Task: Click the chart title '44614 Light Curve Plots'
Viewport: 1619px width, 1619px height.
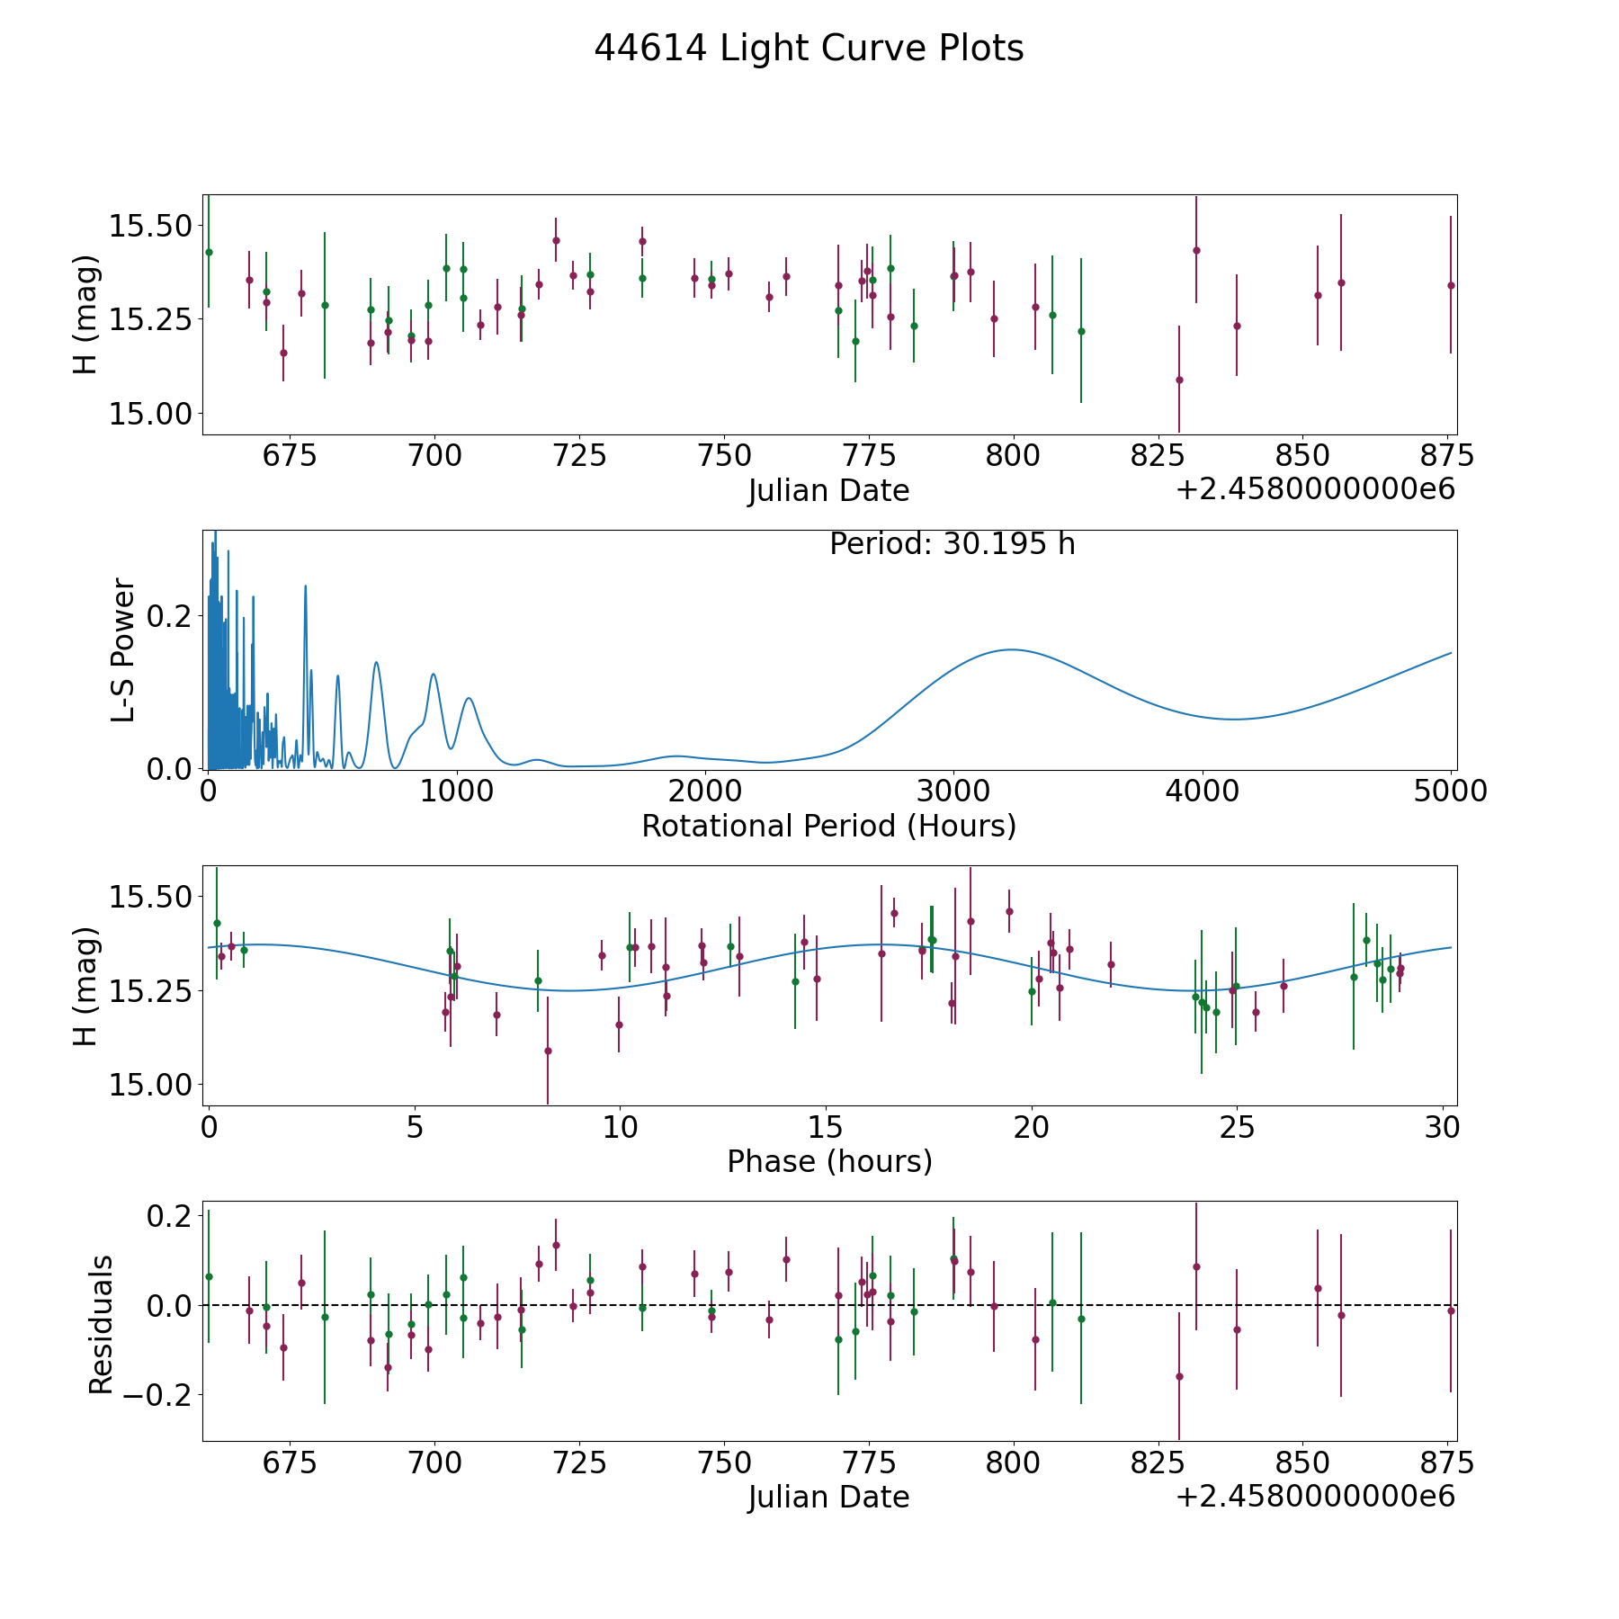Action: [x=809, y=49]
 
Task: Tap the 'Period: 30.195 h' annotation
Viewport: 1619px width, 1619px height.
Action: [x=953, y=544]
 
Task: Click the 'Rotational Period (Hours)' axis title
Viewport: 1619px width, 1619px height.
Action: [x=829, y=826]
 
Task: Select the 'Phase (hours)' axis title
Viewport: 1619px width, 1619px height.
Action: [x=829, y=1161]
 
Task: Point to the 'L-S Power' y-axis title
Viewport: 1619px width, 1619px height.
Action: [x=123, y=649]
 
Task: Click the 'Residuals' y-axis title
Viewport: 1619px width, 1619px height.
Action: [x=101, y=1324]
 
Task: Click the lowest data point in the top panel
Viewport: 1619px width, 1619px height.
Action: [x=1179, y=380]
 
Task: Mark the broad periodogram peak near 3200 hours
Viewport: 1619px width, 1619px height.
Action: [x=1012, y=649]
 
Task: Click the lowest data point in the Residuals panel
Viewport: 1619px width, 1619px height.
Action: [x=1179, y=1376]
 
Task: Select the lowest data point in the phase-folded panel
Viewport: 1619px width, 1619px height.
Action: [x=548, y=1051]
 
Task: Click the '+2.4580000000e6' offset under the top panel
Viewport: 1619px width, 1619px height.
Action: [x=1316, y=490]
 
